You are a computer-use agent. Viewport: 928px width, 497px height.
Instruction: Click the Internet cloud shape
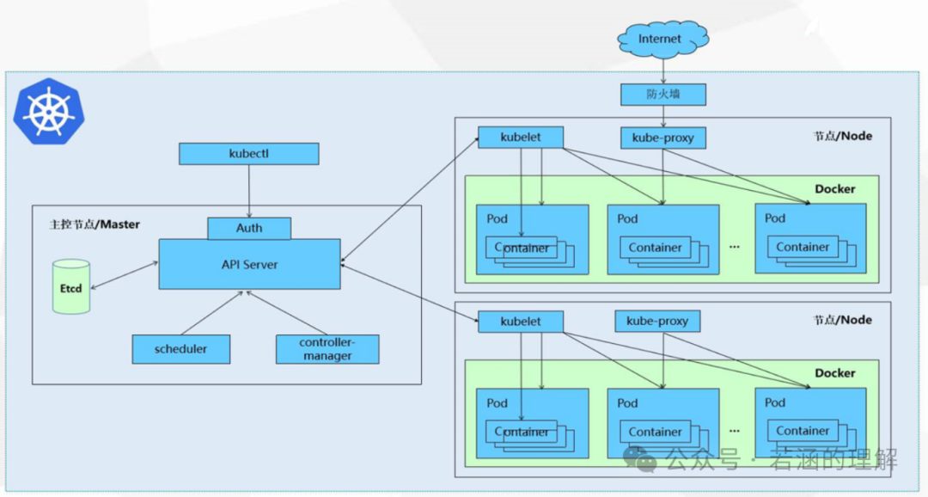(662, 39)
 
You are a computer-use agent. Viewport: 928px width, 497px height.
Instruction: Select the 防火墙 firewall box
(662, 94)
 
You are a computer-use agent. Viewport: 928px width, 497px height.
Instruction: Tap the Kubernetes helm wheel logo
(49, 110)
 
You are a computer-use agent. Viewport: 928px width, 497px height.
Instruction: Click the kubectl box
(248, 154)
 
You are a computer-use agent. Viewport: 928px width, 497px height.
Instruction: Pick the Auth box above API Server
(249, 228)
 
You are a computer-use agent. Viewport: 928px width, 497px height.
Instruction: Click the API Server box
(249, 265)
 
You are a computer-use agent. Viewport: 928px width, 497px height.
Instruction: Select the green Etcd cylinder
(71, 287)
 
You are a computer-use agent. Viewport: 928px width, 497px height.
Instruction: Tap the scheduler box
(181, 349)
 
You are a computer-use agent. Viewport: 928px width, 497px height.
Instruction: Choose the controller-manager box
(327, 349)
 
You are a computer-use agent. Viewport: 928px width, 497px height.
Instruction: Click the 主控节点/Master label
(95, 224)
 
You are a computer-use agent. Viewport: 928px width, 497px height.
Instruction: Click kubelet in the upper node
(521, 137)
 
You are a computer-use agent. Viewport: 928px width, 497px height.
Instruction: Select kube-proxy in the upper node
(662, 138)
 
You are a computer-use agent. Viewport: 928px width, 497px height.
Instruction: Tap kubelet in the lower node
(521, 322)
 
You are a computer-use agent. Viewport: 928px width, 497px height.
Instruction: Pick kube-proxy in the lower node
(657, 322)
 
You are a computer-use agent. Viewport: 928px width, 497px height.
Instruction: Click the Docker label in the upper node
(834, 189)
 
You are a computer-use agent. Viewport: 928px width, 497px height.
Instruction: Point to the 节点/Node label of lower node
(842, 320)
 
